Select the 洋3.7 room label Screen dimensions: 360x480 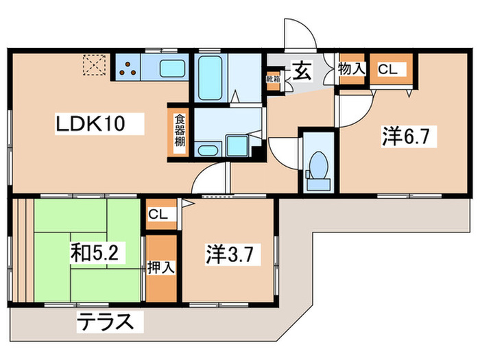coord(231,255)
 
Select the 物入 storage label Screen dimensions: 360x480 coord(352,69)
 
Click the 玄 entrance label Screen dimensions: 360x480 coord(302,71)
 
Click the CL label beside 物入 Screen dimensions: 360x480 coord(388,69)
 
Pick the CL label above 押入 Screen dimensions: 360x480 coord(158,215)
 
